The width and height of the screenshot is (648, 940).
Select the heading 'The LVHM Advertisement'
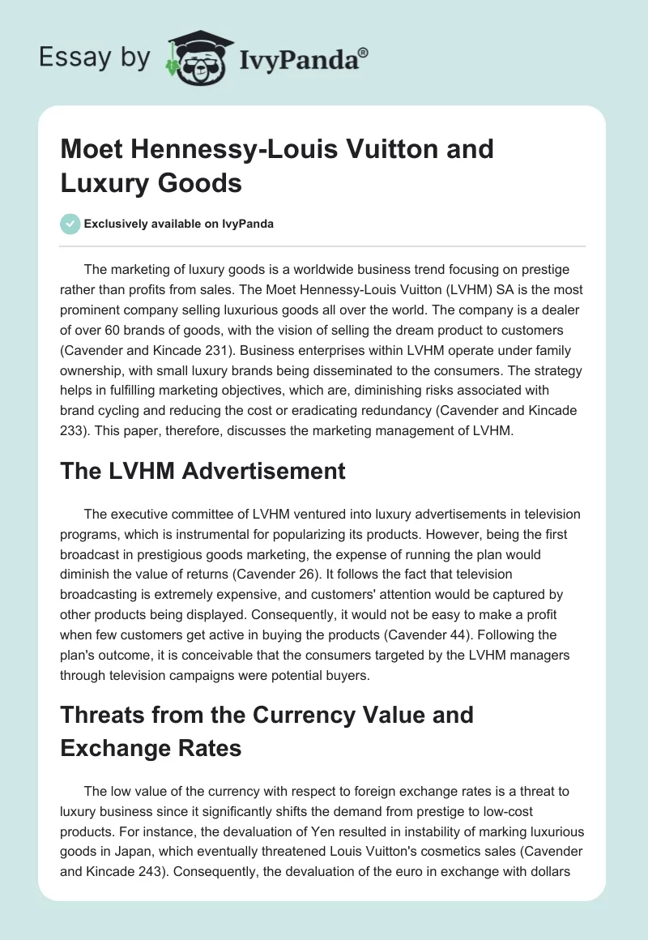pos(202,471)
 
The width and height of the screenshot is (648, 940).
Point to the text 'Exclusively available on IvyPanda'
pos(177,224)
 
